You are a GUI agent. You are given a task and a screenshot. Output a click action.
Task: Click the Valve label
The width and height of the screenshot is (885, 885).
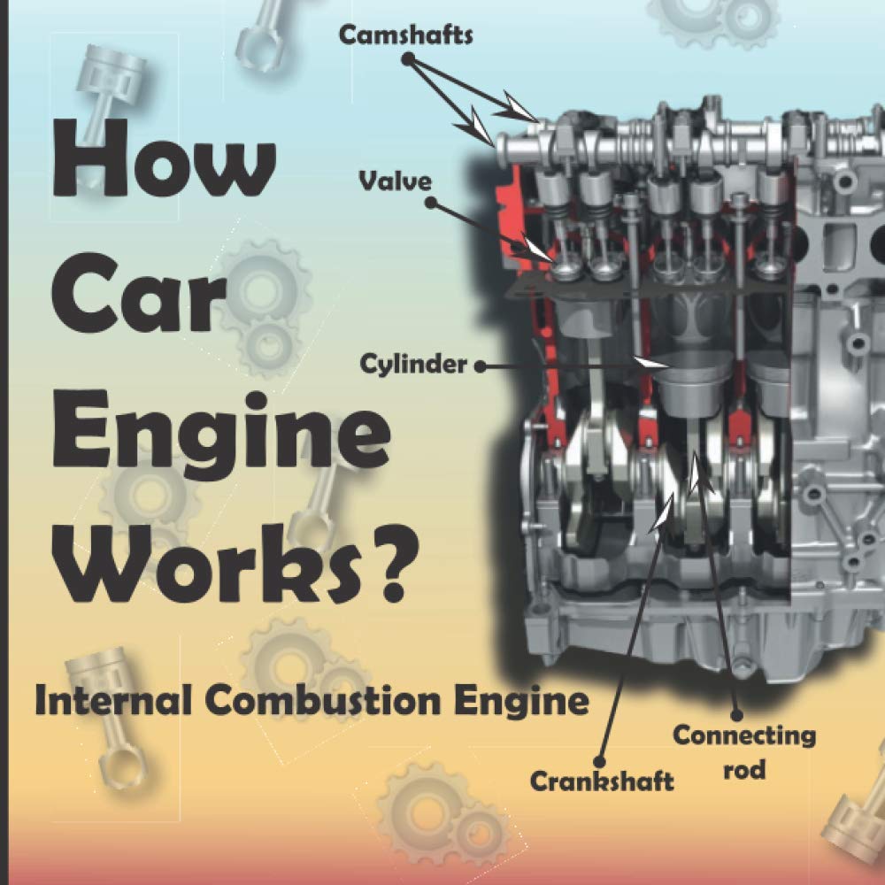[x=395, y=182]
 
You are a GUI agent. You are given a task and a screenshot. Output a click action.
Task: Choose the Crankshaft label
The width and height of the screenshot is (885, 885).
[x=602, y=781]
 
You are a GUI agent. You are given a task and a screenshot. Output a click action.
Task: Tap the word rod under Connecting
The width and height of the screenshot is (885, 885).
[x=744, y=770]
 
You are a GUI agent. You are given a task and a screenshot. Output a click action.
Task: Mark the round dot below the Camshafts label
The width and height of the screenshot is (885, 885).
[x=408, y=58]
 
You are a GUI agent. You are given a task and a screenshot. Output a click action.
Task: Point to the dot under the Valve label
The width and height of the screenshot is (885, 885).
[x=431, y=203]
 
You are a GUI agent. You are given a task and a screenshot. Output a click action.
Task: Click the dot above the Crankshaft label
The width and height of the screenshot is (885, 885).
[x=600, y=759]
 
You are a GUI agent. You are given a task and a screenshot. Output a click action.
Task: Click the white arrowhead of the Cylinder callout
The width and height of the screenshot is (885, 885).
[x=655, y=363]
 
